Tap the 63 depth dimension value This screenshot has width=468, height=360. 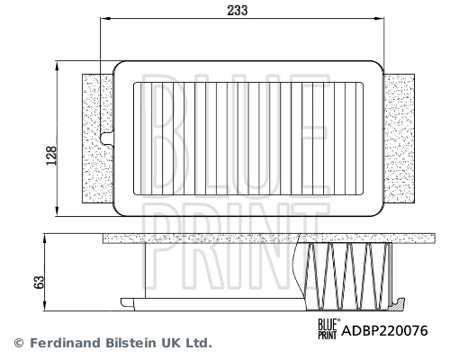click(x=39, y=281)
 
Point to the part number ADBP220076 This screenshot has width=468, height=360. click(x=384, y=330)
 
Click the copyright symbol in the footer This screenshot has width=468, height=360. click(x=17, y=343)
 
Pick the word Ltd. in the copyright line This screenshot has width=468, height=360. click(x=198, y=343)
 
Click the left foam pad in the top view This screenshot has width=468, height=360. click(x=94, y=139)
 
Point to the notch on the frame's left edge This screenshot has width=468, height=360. click(x=108, y=139)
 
